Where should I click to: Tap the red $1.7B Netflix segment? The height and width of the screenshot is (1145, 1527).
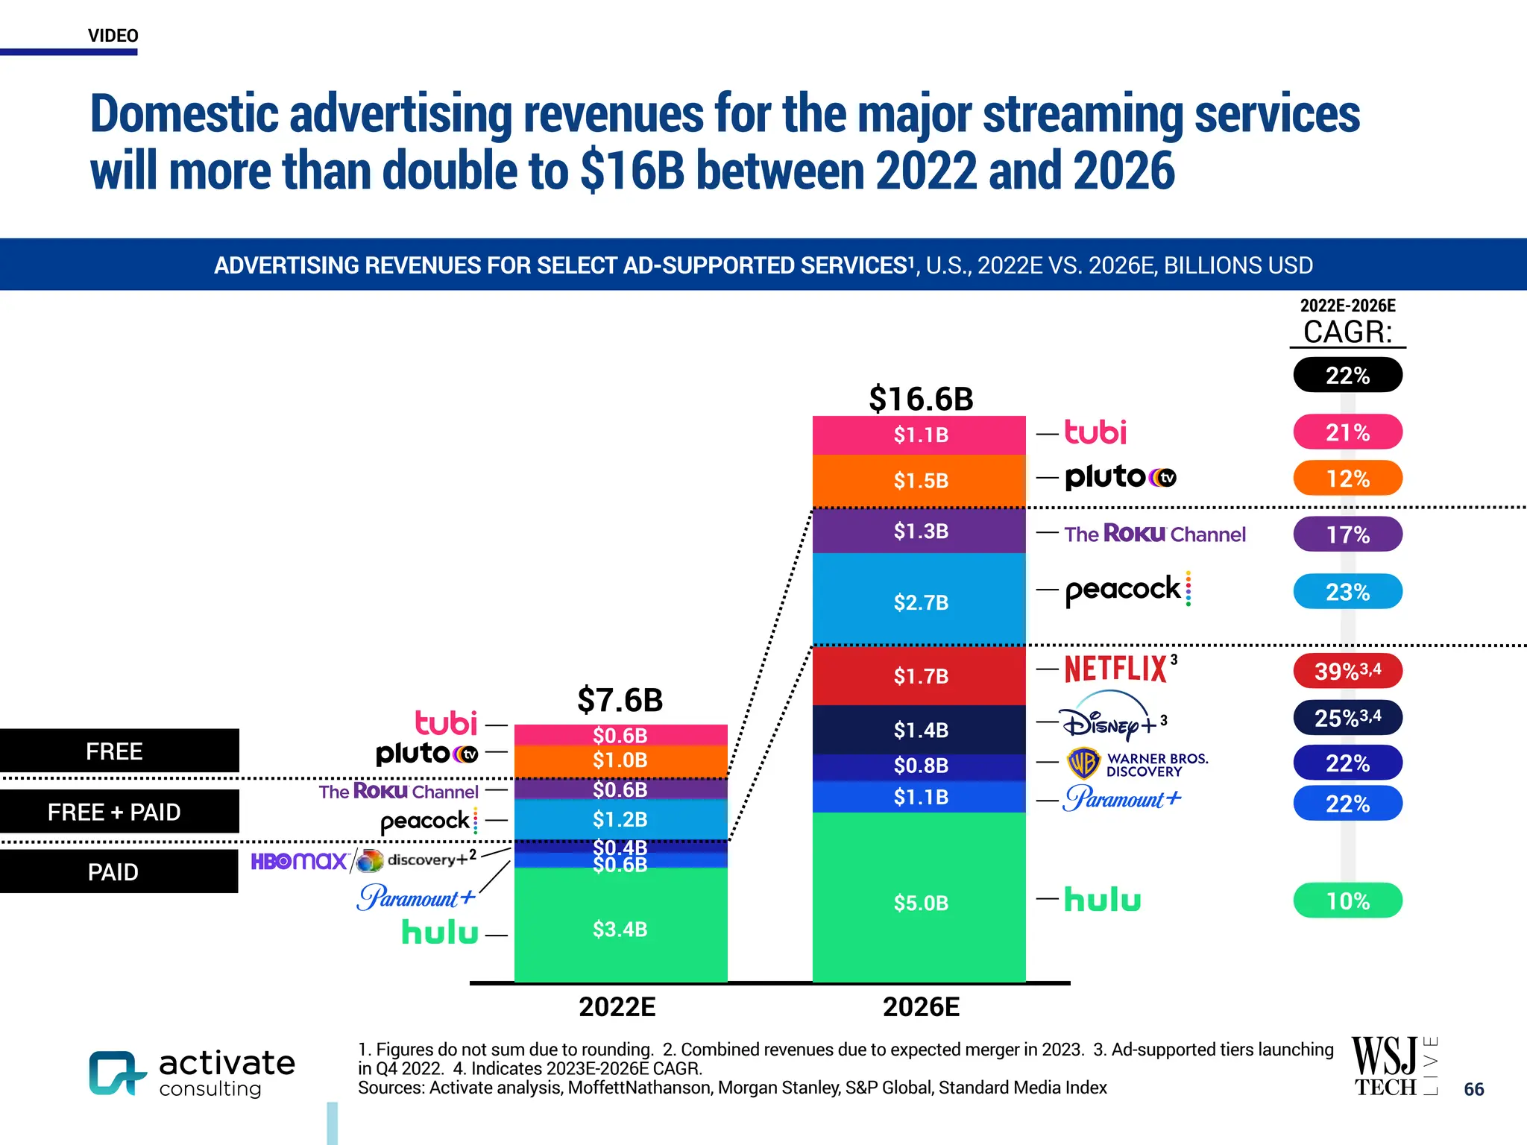919,675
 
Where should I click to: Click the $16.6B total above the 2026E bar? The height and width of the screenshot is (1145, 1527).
921,399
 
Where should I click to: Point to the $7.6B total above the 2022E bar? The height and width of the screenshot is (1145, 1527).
620,700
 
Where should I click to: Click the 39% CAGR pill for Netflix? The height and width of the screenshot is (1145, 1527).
1347,671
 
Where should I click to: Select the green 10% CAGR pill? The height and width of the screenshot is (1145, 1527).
1347,900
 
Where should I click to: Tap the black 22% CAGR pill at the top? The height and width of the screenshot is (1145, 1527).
1347,375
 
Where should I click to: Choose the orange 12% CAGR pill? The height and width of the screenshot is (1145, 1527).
1347,479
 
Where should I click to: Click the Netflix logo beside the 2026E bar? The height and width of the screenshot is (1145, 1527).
1116,669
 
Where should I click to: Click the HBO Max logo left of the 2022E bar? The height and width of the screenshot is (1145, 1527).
299,862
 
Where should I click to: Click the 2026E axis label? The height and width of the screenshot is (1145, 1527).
921,1007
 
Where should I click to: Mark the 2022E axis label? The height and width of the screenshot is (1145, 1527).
617,1007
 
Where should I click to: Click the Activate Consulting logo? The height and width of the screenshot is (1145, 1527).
192,1073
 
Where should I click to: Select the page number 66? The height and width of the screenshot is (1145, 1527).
1473,1089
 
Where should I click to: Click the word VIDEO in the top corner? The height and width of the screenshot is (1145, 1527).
113,36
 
